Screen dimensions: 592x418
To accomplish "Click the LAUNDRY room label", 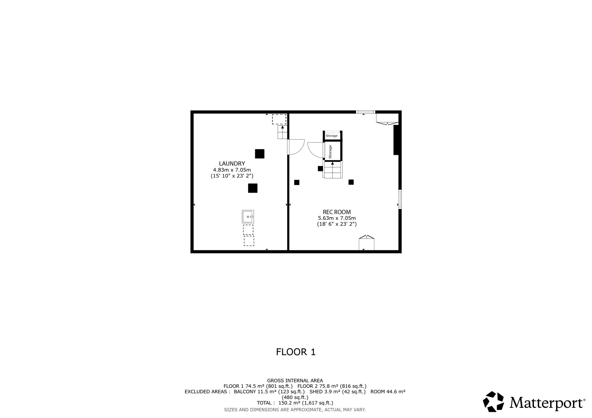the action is (232, 164).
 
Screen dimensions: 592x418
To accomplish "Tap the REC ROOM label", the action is (337, 212).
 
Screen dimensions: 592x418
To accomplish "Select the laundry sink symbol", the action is (248, 217).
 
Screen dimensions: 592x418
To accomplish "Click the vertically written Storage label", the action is (330, 152).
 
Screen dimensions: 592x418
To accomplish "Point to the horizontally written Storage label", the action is (332, 136).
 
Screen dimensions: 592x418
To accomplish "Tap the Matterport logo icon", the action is (493, 402).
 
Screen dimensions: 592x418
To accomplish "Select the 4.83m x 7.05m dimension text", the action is (232, 170).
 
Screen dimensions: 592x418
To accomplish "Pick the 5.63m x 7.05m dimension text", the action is (337, 218).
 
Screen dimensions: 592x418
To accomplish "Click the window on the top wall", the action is (366, 112).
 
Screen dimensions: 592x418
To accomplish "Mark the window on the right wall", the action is (400, 199).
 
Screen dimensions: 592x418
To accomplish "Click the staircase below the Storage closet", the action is (333, 170).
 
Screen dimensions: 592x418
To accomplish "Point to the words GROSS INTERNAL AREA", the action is (295, 380).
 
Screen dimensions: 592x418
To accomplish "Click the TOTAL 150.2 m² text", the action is (295, 403).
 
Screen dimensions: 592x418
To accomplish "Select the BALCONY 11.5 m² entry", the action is (269, 392).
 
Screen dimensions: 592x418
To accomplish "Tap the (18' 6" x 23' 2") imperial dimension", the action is (337, 224).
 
